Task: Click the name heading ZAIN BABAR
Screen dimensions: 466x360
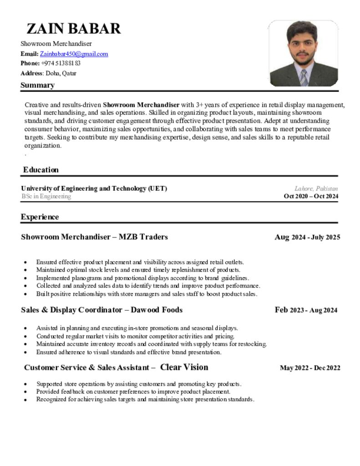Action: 74,29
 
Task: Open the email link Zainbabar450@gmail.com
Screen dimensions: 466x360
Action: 77,54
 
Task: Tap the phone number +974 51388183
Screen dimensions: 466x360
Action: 61,63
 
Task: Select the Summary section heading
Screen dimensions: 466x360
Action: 37,85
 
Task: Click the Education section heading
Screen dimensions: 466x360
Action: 41,170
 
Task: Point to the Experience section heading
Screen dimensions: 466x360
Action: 40,217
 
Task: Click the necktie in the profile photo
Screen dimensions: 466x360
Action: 304,77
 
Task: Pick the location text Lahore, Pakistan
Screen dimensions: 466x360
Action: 316,188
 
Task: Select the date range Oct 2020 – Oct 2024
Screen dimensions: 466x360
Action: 310,197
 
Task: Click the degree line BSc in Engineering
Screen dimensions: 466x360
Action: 46,197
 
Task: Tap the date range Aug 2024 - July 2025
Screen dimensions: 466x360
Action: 307,237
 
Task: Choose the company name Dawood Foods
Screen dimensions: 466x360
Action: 157,310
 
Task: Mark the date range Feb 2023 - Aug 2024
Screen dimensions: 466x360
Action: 306,310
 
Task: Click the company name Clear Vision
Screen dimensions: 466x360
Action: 184,367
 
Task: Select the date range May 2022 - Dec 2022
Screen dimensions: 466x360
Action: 309,368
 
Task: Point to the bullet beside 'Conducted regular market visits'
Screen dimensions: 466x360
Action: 25,336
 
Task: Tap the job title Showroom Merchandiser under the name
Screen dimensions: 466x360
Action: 56,44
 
